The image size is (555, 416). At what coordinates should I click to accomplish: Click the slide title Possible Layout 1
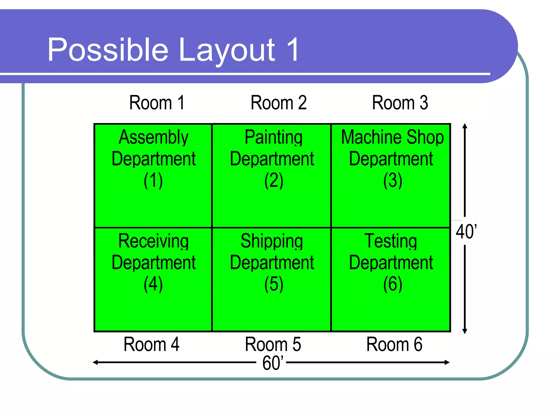point(173,50)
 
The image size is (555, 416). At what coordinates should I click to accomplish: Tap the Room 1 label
point(157,103)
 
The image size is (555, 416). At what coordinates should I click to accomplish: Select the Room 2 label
point(279,103)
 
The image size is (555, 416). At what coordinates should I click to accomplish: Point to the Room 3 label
point(400,103)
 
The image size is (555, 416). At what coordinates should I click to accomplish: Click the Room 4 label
point(151,344)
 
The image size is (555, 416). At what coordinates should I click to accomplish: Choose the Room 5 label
point(273,344)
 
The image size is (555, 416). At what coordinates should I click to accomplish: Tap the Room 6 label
point(394,344)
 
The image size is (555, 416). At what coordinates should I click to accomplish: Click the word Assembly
point(153,137)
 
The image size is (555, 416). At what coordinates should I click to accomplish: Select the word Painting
point(273,137)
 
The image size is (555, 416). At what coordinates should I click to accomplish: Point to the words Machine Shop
point(392,137)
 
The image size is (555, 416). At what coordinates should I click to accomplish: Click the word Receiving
point(153,241)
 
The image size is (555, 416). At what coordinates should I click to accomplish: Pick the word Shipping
point(272,241)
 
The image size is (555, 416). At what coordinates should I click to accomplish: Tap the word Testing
point(391,241)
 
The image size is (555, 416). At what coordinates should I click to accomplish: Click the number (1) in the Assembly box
point(153,180)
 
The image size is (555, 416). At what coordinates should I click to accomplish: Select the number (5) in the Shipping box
point(274,284)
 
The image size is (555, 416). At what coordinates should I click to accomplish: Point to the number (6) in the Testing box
point(393,284)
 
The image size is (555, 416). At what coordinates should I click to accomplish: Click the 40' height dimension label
point(466,232)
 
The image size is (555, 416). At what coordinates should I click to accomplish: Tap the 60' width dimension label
point(273,363)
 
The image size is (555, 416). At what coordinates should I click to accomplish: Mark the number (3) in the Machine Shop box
point(393,180)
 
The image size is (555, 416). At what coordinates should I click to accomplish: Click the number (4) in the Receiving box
point(153,284)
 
